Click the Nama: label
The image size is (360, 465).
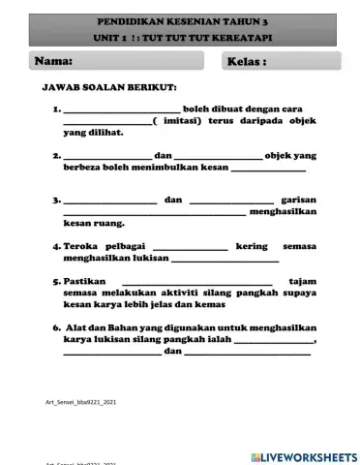(x=54, y=61)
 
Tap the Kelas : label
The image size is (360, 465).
(x=247, y=62)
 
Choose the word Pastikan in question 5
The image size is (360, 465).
(x=85, y=281)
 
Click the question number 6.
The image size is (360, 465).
(x=56, y=327)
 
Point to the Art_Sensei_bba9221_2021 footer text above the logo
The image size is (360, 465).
(x=81, y=400)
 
